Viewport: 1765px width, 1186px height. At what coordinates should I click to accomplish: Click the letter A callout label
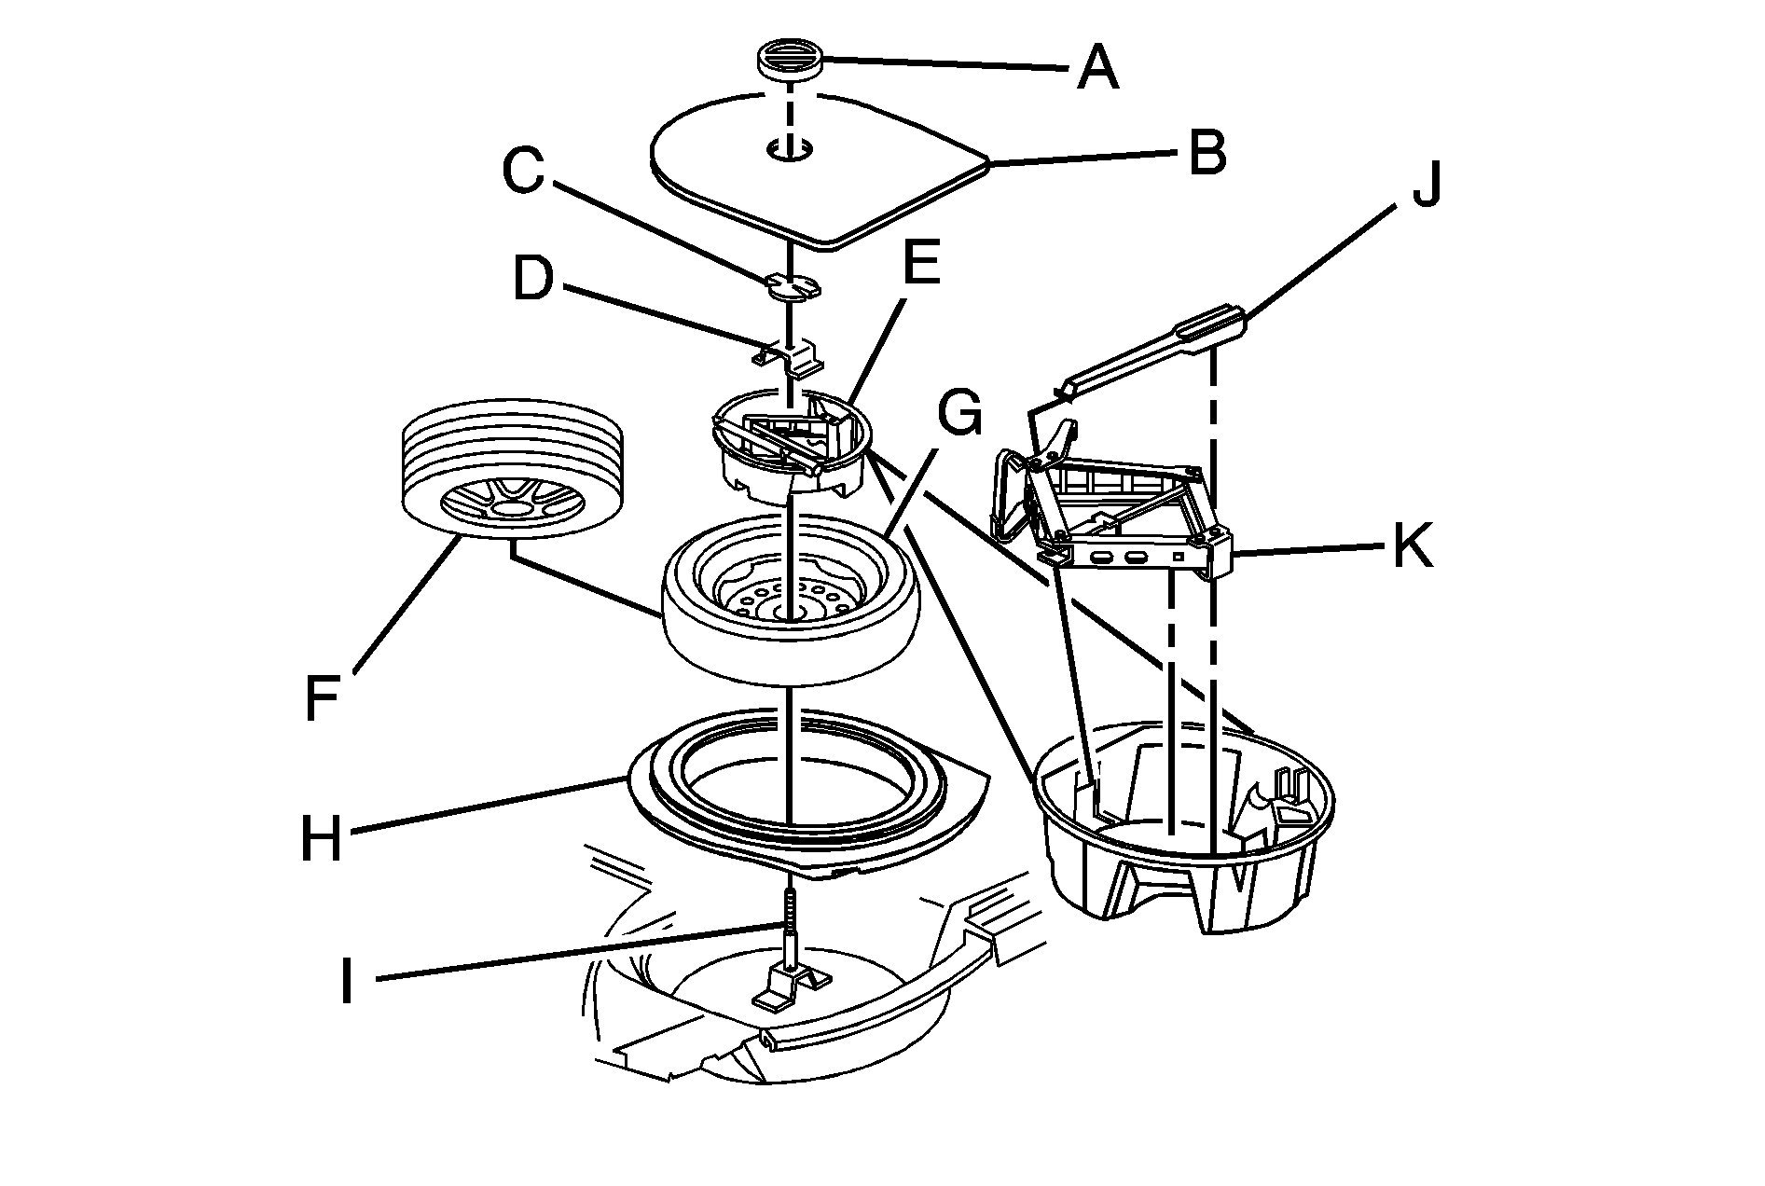[x=1096, y=67]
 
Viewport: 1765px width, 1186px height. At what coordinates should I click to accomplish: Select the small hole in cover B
[x=790, y=149]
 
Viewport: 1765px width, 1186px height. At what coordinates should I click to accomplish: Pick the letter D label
[x=532, y=279]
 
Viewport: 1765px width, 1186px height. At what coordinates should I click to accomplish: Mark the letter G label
[x=959, y=413]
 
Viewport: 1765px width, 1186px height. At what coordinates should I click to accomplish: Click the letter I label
[x=347, y=981]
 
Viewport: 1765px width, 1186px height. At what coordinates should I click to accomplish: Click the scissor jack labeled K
[x=1128, y=522]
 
